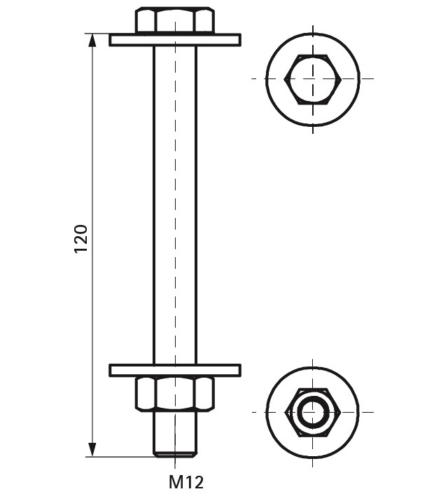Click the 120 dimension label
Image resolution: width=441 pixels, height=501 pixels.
pos(80,239)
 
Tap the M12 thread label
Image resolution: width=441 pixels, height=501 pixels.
pos(186,482)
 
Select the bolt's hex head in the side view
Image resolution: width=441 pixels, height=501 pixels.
pos(175,20)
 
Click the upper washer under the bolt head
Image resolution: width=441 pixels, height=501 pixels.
pos(175,40)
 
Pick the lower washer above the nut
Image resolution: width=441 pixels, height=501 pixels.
pos(175,370)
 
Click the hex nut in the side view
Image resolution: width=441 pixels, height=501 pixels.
pos(175,394)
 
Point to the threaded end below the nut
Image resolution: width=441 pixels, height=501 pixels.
pos(175,434)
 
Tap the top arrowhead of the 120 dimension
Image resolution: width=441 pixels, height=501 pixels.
pos(92,41)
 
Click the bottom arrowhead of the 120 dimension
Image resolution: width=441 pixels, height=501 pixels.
pos(92,450)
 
